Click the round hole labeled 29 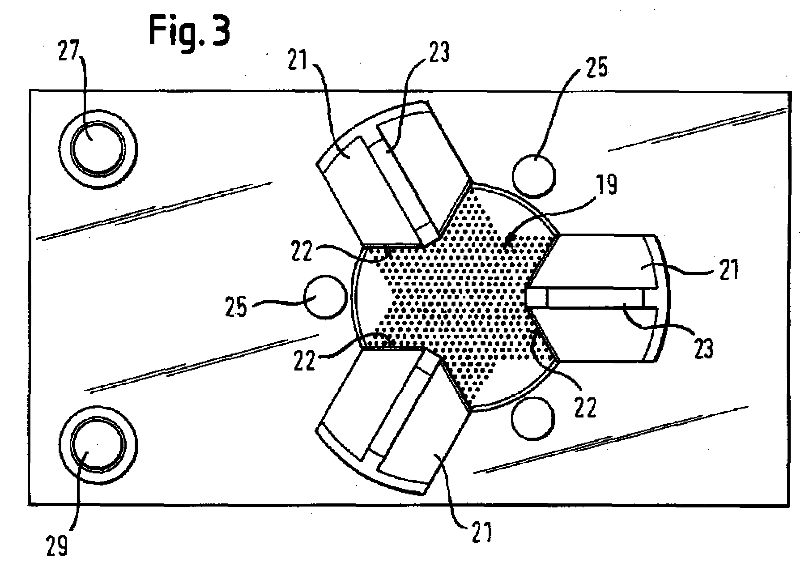98,444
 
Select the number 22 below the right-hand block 585,408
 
